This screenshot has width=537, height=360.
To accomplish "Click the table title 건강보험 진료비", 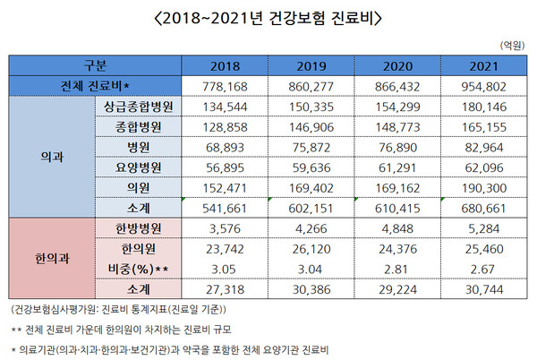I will tap(268, 18).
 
